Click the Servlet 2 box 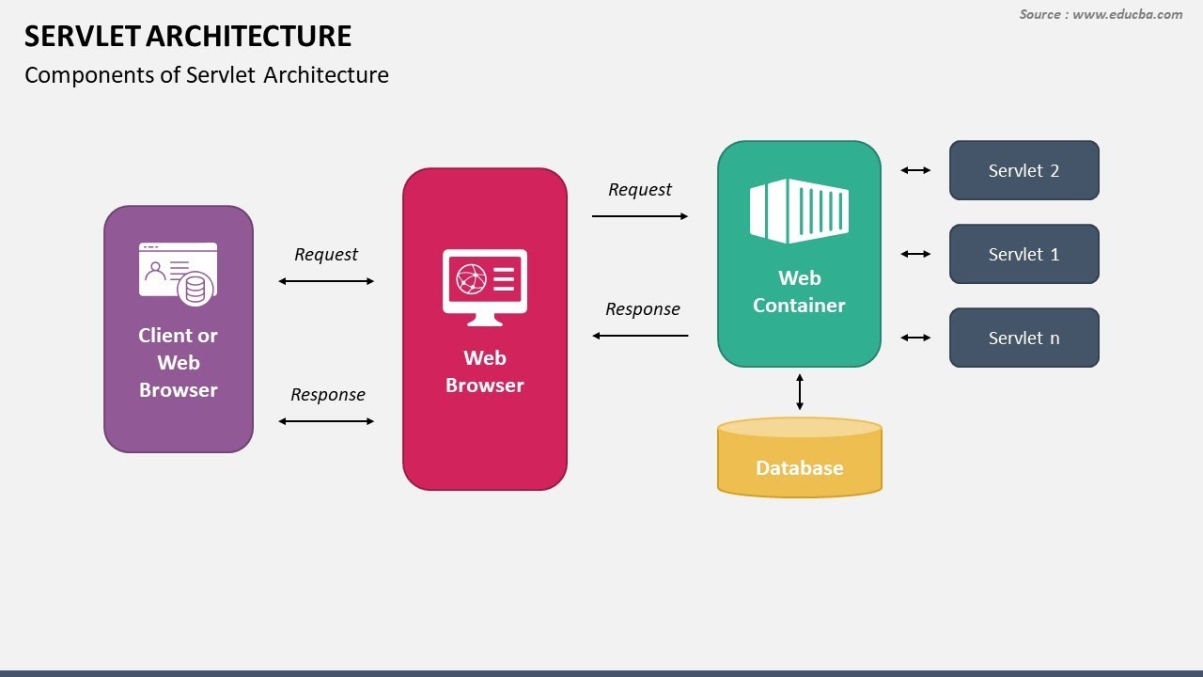(x=1023, y=170)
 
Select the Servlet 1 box (x=1023, y=254)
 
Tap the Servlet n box (x=1023, y=338)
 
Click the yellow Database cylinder (x=799, y=461)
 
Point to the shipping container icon (x=799, y=211)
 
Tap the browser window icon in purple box (x=178, y=273)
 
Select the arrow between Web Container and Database (x=800, y=392)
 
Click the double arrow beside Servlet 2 (x=915, y=170)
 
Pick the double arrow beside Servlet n (x=915, y=338)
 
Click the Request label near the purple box (x=326, y=255)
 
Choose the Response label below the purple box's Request (x=327, y=395)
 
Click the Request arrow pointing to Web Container (x=640, y=216)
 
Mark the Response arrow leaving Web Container (x=640, y=336)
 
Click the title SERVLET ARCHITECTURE (x=188, y=37)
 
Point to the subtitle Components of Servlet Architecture (x=207, y=75)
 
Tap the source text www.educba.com (x=1101, y=14)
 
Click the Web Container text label (x=799, y=291)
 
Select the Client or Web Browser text (x=178, y=362)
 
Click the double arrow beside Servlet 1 (x=915, y=254)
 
